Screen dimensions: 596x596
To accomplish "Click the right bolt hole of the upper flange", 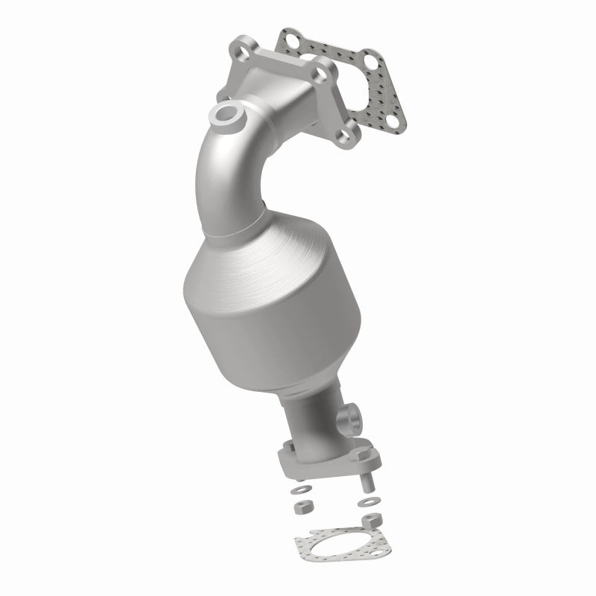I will (x=321, y=74).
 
